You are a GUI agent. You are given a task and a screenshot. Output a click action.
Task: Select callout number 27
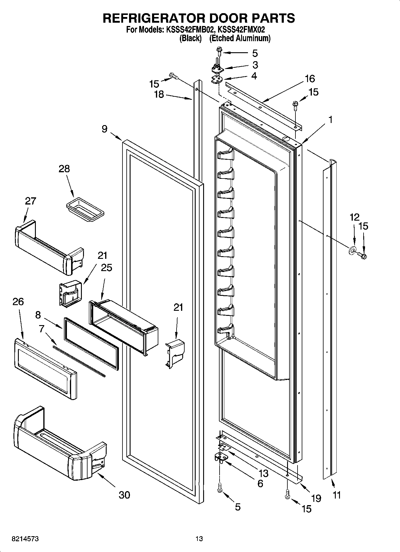(30, 201)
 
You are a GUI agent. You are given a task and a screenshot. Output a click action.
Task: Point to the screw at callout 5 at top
(219, 51)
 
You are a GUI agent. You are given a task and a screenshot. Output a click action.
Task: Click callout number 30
(124, 495)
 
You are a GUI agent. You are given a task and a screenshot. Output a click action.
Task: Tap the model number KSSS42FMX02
(241, 30)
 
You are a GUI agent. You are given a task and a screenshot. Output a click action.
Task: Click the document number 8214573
(25, 539)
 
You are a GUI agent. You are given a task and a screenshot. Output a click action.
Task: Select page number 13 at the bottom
(199, 539)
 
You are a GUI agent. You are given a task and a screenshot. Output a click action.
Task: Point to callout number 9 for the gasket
(104, 129)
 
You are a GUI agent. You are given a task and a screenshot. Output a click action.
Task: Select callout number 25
(106, 267)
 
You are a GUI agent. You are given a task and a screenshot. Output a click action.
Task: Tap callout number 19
(316, 498)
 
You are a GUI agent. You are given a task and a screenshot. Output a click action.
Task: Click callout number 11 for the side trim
(336, 495)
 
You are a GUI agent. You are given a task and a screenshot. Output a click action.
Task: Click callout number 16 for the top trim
(310, 79)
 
